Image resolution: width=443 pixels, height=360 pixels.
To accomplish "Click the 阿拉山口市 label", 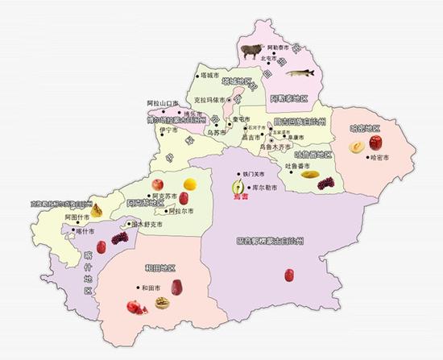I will [163, 103].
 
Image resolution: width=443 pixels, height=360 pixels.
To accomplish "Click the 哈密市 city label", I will [379, 168].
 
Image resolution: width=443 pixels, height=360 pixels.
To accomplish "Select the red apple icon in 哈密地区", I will [375, 143].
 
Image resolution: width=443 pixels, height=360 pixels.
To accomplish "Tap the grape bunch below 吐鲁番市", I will [325, 184].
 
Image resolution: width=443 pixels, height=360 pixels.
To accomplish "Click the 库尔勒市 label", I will [265, 187].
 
